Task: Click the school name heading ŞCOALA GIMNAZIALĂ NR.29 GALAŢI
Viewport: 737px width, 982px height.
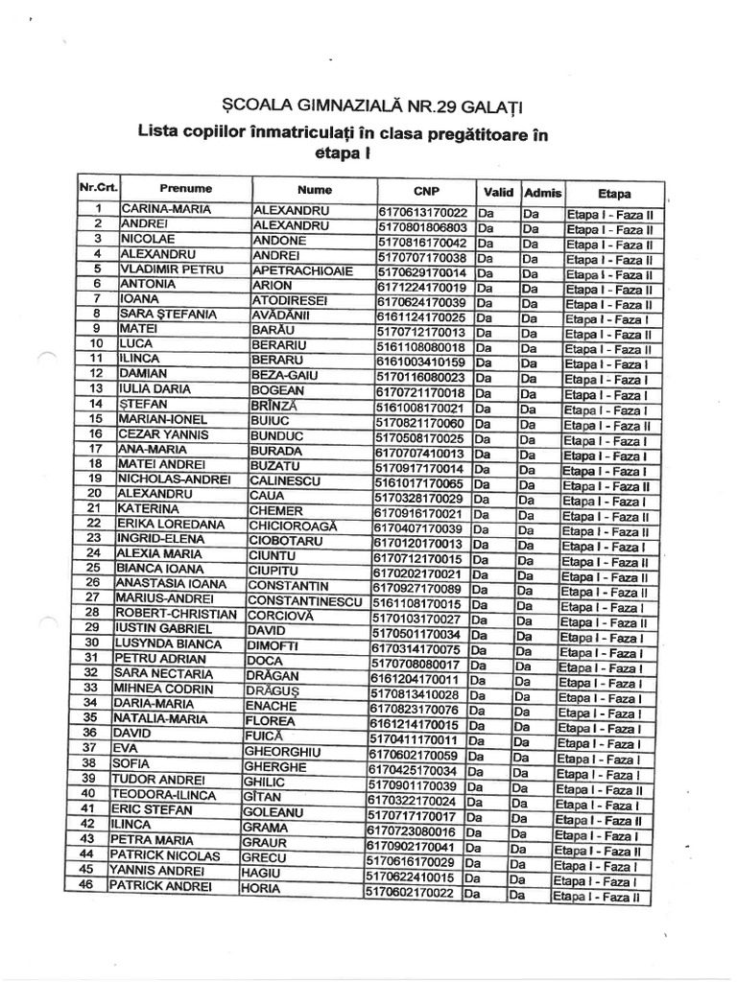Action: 375,105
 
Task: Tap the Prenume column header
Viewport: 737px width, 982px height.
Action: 186,189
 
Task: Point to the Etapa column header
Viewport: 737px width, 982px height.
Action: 613,192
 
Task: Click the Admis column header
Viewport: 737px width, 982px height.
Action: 543,191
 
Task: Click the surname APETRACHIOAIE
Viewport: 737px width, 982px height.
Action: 296,270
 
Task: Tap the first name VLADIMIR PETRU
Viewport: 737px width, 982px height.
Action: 172,270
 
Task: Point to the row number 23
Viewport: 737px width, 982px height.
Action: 94,538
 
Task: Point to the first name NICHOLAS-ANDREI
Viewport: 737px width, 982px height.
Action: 173,479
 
